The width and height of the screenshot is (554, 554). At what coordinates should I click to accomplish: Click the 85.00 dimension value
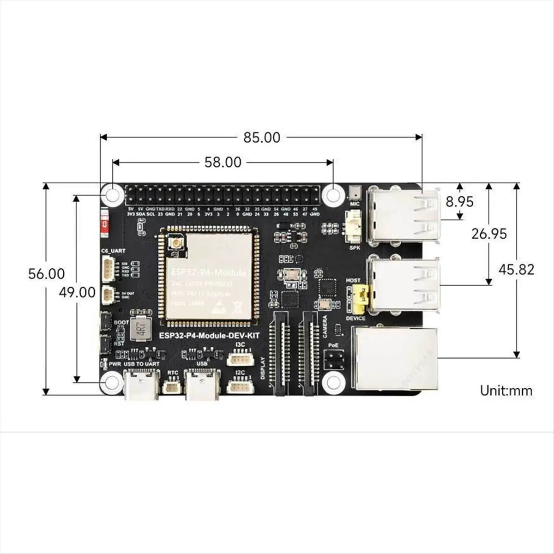point(261,137)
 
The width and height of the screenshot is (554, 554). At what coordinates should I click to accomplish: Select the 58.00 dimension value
point(223,162)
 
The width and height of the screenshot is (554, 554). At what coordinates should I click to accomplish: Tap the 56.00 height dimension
point(47,273)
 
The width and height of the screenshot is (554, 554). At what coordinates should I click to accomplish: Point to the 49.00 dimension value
point(77,292)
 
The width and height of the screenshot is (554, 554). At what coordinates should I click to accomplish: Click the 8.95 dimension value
point(459,202)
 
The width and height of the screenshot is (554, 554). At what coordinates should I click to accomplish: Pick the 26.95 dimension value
point(488,234)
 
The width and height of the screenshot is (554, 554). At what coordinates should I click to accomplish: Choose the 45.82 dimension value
point(516,270)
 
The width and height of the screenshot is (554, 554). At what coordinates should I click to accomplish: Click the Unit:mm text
point(506,391)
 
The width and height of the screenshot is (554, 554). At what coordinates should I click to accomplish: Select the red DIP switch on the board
point(104,225)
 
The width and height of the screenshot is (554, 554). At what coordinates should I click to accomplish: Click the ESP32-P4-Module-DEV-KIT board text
point(209,335)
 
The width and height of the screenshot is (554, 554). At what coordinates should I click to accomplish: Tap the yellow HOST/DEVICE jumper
point(361,297)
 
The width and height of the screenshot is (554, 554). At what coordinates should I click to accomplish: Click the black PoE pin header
point(333,359)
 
